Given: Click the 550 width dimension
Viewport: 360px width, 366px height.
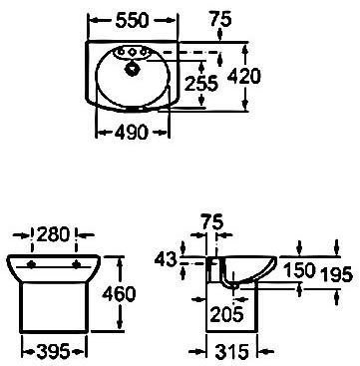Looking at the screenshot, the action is pyautogui.click(x=132, y=21).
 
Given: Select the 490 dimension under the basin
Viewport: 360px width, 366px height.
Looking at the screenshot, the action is pyautogui.click(x=131, y=133).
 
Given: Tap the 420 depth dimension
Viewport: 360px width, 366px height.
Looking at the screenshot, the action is pyautogui.click(x=244, y=76).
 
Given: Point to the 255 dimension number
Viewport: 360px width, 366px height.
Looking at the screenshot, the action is pyautogui.click(x=201, y=83).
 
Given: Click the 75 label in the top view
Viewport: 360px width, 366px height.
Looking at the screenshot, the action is pyautogui.click(x=220, y=20).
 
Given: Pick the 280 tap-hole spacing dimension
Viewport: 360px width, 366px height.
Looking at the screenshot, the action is pyautogui.click(x=53, y=234).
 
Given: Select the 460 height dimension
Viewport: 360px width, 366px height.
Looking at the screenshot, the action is pyautogui.click(x=119, y=294).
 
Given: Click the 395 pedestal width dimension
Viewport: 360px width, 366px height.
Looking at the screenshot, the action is pyautogui.click(x=54, y=351).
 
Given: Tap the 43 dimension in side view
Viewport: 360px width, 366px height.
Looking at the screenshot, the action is pyautogui.click(x=166, y=259).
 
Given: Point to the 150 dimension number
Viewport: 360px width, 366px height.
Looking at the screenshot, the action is pyautogui.click(x=299, y=270).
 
